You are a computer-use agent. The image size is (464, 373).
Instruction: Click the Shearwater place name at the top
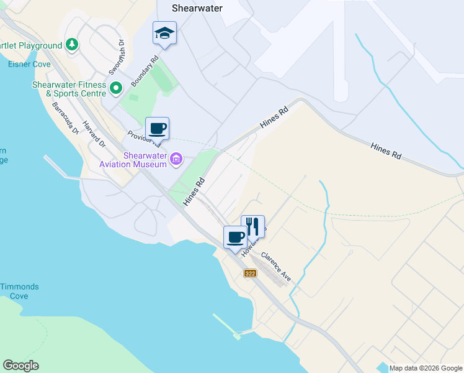coord(197,8)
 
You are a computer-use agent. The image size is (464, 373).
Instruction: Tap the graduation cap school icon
coord(164,33)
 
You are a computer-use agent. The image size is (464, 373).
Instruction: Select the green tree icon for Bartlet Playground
coord(73,44)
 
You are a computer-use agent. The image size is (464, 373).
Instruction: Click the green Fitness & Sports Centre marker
coord(115,89)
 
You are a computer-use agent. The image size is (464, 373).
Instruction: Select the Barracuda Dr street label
coord(65,118)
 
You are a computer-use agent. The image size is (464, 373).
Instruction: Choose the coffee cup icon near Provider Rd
coord(157,128)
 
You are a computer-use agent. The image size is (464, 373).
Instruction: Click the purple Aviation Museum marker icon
coord(176,160)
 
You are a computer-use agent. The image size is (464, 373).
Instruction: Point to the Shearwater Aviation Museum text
coord(136,160)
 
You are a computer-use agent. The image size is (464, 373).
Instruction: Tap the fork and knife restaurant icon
coord(252,226)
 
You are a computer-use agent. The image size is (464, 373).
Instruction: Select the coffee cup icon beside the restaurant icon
coord(235,237)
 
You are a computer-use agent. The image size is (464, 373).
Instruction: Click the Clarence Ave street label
coord(275,265)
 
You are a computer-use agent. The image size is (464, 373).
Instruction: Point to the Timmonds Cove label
coord(19,291)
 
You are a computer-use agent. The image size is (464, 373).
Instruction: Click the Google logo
coord(20,365)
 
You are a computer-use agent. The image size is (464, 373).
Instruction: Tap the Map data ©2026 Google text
coord(425,368)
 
